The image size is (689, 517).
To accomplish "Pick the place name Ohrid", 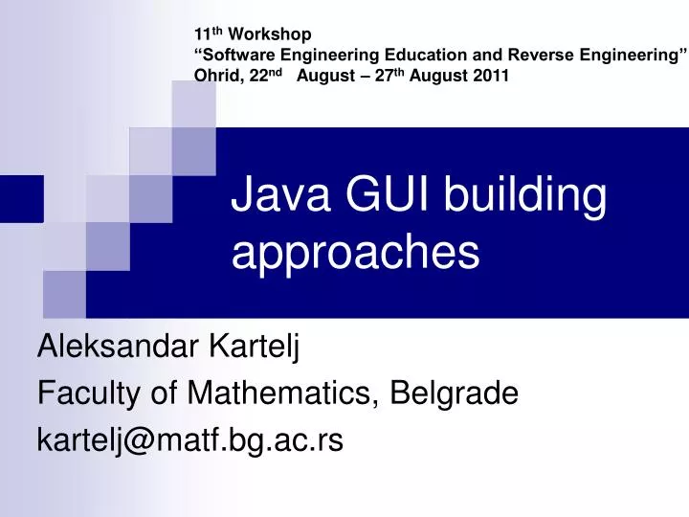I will [x=215, y=78].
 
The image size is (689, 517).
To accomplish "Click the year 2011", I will [x=490, y=78].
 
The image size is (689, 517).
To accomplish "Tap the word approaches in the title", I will [x=355, y=254].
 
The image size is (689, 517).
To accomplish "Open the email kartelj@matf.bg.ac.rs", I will [x=189, y=438].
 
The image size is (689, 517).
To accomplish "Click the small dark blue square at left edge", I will [x=21, y=198].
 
